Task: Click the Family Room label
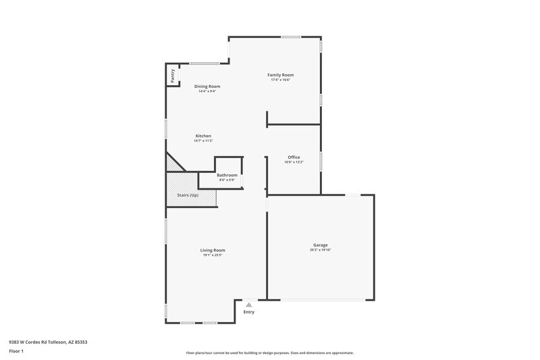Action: pos(280,75)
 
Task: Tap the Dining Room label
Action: pos(207,86)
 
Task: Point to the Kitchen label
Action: pos(203,136)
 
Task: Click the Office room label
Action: pos(294,157)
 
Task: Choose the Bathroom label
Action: pos(227,176)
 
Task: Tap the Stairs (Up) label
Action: pos(188,195)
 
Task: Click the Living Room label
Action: pos(212,251)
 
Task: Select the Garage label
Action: pos(320,245)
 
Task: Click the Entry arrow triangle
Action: pos(248,305)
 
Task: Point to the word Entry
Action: pos(249,312)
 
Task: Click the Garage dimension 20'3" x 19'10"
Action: pos(320,251)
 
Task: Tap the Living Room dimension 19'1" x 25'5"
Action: pos(212,255)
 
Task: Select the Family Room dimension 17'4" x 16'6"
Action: pos(280,80)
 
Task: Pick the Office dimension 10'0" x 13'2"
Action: pos(294,162)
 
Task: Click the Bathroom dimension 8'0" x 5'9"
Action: pos(227,180)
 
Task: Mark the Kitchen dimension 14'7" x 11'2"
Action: pos(203,140)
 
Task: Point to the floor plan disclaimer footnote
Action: pos(269,353)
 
